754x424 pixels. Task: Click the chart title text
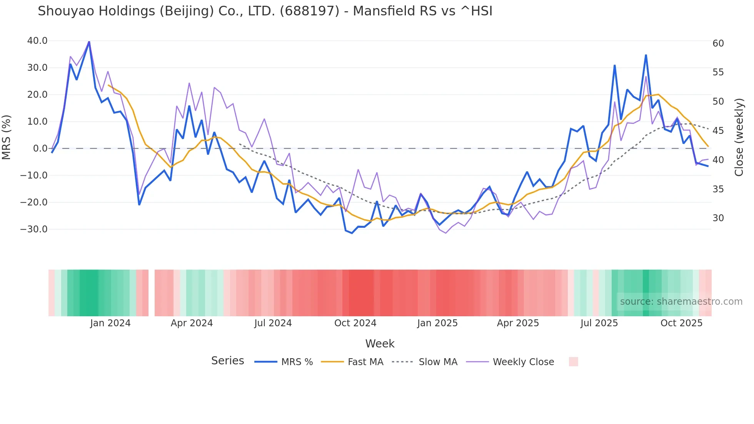click(x=265, y=11)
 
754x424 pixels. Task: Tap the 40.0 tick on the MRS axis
click(x=37, y=41)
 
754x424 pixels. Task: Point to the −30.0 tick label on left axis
click(x=34, y=229)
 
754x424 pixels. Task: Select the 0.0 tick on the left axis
click(x=40, y=149)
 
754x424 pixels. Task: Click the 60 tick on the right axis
click(x=718, y=43)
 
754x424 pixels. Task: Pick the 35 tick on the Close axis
click(x=718, y=189)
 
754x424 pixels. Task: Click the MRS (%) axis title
click(x=7, y=137)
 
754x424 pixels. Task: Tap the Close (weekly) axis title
click(x=739, y=137)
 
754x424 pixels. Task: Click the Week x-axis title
click(x=380, y=344)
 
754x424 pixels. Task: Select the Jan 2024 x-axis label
click(x=110, y=323)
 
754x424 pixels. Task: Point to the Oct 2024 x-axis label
click(x=355, y=323)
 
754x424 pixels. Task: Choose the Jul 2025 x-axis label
click(x=599, y=323)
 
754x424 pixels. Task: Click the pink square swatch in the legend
click(x=573, y=362)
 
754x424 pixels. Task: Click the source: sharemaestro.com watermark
click(x=681, y=302)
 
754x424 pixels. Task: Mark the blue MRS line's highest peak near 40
click(x=89, y=42)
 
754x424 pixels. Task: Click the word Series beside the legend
click(x=227, y=361)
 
